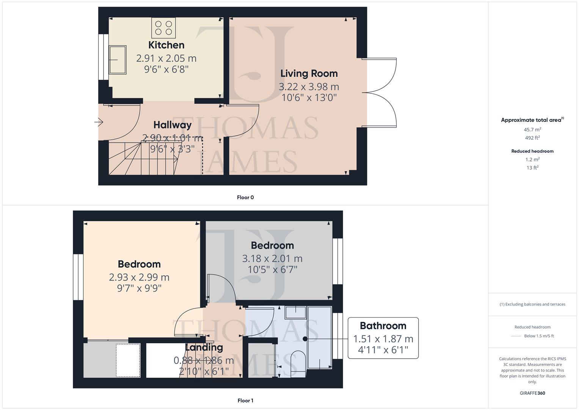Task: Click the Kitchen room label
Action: [x=166, y=45]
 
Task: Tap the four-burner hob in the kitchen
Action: [x=163, y=28]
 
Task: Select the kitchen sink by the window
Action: [x=118, y=60]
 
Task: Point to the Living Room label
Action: [x=309, y=74]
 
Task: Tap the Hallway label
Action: [x=172, y=125]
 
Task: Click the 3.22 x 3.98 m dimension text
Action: [x=309, y=87]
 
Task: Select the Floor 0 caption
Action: [x=245, y=197]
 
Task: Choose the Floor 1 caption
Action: [x=245, y=401]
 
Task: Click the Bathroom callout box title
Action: [x=383, y=326]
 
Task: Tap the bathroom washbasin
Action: [x=295, y=312]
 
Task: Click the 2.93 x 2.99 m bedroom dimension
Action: [x=139, y=278]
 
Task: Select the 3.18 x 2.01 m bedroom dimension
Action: [x=272, y=259]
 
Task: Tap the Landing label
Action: [x=204, y=347]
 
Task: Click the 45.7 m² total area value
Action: [x=532, y=129]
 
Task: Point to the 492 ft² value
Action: [x=532, y=138]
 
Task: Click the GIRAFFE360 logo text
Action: [x=532, y=393]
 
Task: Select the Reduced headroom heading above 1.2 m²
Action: [x=532, y=151]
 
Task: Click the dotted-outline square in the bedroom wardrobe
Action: [x=128, y=360]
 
